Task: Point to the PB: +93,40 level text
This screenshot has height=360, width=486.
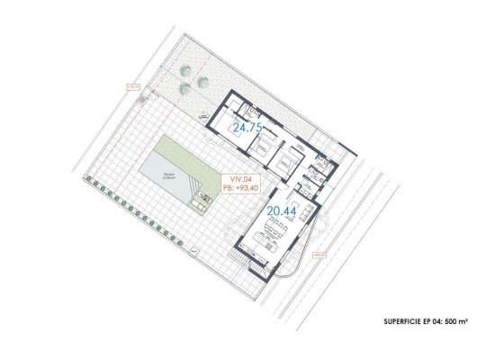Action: click(x=239, y=188)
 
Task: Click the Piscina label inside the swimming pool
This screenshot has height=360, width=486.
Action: click(x=167, y=175)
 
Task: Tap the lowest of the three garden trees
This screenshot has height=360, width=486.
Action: click(x=184, y=88)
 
